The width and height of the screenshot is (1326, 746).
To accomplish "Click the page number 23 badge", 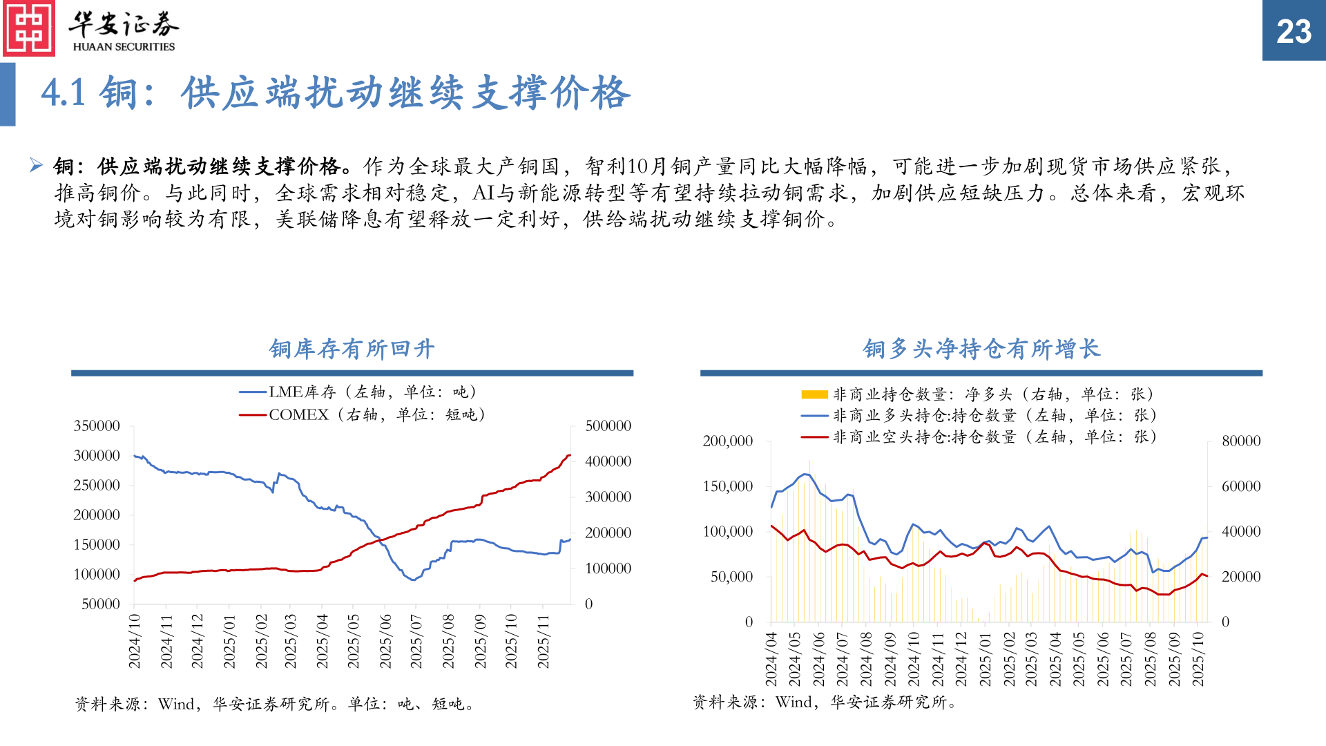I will [x=1294, y=31].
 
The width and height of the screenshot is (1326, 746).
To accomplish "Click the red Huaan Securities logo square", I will [x=28, y=28].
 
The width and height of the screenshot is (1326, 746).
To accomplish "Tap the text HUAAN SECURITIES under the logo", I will [x=124, y=47].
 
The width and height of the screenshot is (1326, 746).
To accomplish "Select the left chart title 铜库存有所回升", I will [x=352, y=349].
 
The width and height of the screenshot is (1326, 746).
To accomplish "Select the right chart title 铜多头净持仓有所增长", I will [x=981, y=349].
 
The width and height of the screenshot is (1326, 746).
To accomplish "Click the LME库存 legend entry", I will [x=358, y=392].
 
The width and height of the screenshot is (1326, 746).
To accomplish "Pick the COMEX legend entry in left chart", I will [x=362, y=414].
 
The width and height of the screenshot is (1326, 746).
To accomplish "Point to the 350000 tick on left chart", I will [x=97, y=426].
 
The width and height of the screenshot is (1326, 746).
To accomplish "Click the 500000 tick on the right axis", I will [x=608, y=426].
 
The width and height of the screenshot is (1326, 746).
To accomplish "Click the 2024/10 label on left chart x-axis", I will [x=135, y=641].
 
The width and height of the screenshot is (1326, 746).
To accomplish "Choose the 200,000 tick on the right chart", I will [x=728, y=441].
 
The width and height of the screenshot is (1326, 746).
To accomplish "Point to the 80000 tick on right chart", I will [x=1241, y=441].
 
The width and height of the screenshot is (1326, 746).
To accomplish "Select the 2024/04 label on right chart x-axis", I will [x=771, y=659].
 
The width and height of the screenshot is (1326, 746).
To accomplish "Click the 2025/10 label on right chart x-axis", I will [x=1198, y=659].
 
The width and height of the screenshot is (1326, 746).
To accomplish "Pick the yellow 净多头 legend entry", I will [x=977, y=394].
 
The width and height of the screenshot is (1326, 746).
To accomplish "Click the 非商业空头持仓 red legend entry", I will [x=979, y=437].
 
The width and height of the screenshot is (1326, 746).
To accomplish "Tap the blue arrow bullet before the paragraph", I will [x=36, y=165].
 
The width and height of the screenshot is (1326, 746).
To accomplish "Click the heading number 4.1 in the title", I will [x=63, y=93].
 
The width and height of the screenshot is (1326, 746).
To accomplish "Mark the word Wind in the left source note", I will [x=175, y=704].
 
